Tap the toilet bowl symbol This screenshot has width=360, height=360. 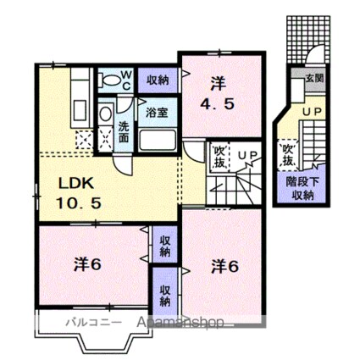tap(109, 81)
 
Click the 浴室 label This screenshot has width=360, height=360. tap(156, 111)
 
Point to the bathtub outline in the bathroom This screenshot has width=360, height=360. tap(156, 139)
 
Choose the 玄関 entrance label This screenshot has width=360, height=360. tap(315, 76)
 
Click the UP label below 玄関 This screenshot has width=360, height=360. tap(312, 111)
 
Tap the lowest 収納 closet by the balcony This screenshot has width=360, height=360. tap(164, 289)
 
